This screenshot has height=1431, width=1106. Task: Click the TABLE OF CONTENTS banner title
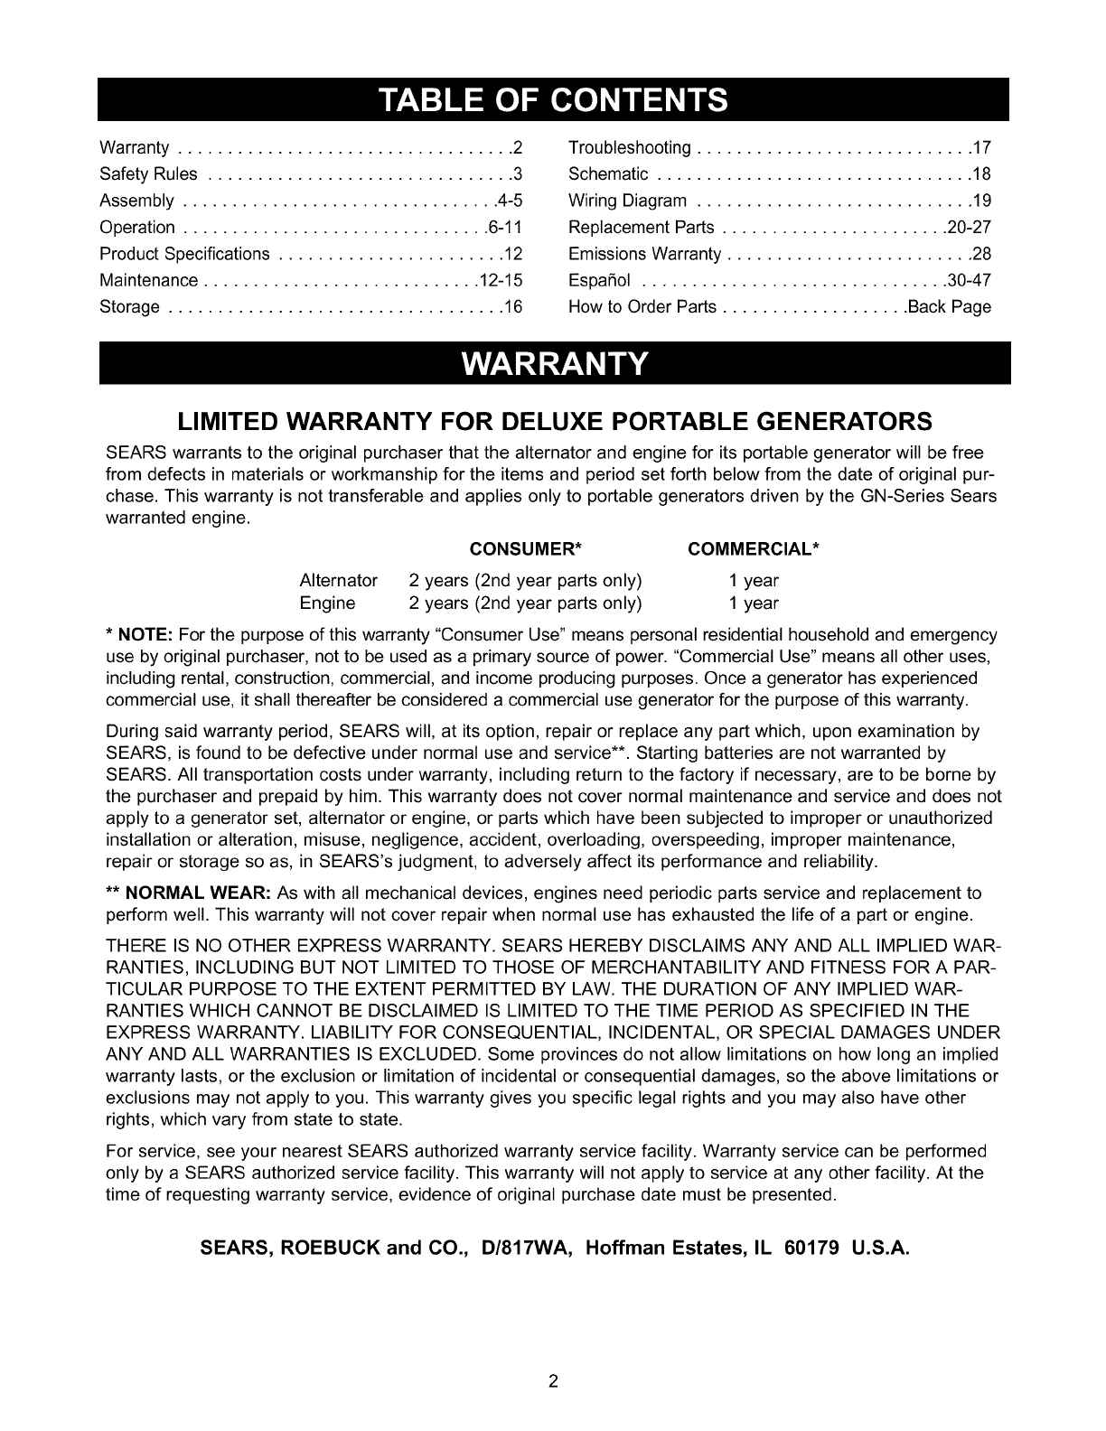pyautogui.click(x=553, y=99)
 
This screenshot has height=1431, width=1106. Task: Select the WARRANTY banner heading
pyautogui.click(x=554, y=365)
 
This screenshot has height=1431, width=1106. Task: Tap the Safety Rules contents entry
pyautogui.click(x=148, y=174)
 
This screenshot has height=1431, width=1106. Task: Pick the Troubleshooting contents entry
pyautogui.click(x=630, y=148)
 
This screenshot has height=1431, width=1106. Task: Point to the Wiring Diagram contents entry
pyautogui.click(x=628, y=201)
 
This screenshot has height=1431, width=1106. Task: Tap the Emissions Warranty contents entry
pyautogui.click(x=644, y=254)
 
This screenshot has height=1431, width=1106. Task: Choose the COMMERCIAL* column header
pyautogui.click(x=754, y=550)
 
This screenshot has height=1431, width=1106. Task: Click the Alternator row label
pyautogui.click(x=338, y=580)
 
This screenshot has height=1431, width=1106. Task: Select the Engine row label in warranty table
pyautogui.click(x=327, y=603)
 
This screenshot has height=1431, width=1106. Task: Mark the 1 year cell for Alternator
pyautogui.click(x=754, y=580)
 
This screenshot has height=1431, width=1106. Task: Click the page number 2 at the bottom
pyautogui.click(x=553, y=1380)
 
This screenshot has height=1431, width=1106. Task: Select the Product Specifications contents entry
pyautogui.click(x=184, y=254)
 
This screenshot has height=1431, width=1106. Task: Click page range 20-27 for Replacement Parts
pyautogui.click(x=969, y=228)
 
